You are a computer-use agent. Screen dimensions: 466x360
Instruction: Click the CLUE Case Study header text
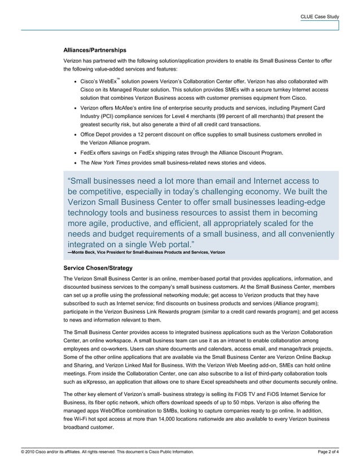point(319,17)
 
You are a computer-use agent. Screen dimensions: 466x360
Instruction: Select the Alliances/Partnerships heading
point(95,50)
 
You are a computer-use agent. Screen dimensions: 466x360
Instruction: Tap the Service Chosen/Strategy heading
point(98,268)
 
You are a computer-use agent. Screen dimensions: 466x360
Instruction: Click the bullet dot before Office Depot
point(76,135)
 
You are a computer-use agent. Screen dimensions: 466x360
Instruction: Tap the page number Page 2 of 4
point(329,452)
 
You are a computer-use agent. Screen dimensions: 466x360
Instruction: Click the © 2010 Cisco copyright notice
point(107,452)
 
